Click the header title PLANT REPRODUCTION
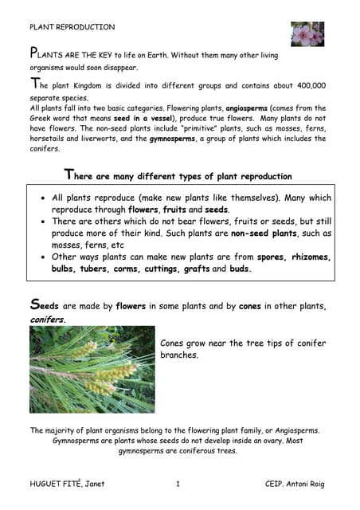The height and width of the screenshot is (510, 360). [72, 27]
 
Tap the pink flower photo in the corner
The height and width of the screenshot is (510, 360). [307, 34]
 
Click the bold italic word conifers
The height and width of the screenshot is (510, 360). [48, 319]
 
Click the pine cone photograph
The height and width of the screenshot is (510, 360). [92, 369]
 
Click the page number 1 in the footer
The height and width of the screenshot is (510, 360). [178, 484]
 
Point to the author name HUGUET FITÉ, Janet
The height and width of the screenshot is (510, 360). [67, 484]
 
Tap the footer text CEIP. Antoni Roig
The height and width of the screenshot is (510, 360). [295, 484]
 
